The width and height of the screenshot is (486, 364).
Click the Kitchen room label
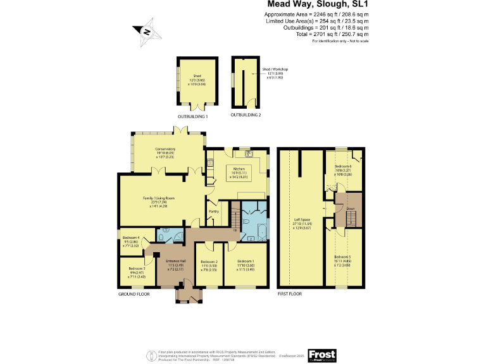click(x=239, y=169)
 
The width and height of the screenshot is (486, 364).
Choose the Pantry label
click(x=214, y=211)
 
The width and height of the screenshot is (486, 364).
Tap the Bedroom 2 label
click(x=209, y=262)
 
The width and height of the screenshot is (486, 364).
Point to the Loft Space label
click(x=301, y=221)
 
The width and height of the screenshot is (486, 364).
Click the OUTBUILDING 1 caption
click(x=192, y=117)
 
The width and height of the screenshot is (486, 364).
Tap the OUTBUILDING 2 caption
click(x=246, y=115)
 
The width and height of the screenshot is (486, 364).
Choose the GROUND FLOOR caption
click(x=134, y=294)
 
